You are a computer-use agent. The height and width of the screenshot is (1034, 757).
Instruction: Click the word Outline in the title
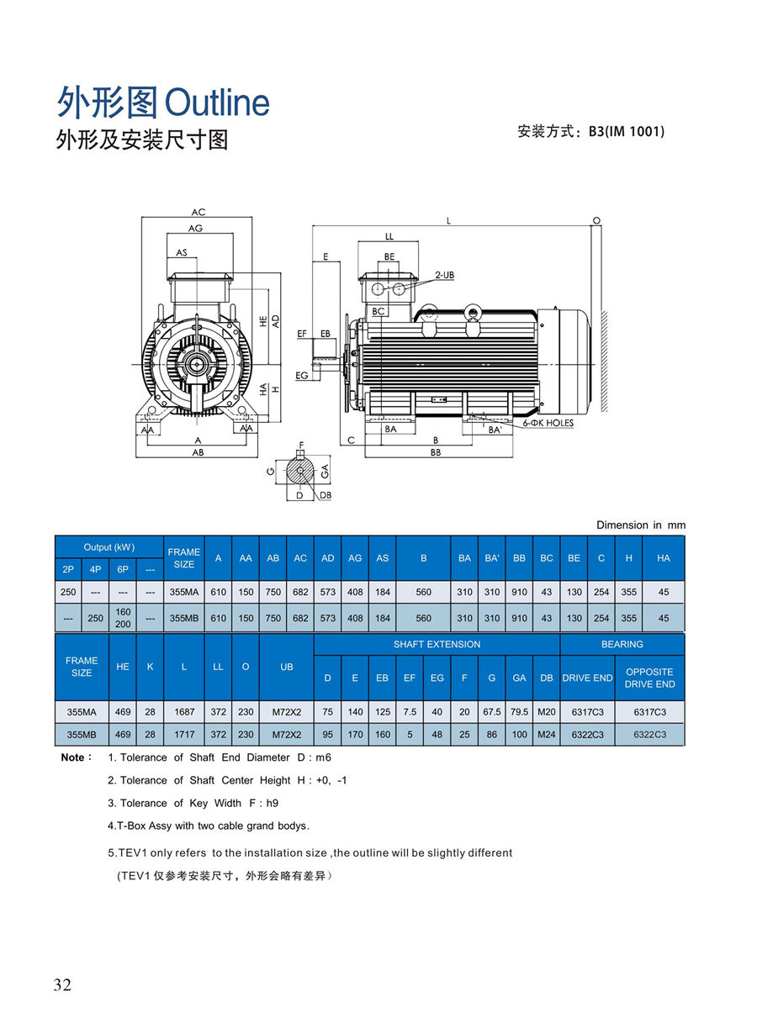pos(217,103)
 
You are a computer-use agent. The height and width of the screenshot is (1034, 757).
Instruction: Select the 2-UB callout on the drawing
pos(445,275)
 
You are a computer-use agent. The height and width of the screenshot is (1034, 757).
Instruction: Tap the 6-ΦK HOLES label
pos(548,423)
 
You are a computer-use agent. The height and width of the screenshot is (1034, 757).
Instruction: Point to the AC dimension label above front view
pos(199,213)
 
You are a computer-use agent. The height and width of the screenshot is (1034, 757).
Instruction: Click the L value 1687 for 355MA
pos(183,712)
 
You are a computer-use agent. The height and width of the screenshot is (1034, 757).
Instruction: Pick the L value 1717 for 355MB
pos(183,735)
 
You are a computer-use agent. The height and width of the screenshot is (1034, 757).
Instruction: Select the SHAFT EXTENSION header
pos(437,644)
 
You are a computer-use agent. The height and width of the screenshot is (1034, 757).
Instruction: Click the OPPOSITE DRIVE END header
pos(649,678)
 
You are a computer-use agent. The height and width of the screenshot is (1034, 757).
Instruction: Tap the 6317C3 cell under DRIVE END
pos(587,712)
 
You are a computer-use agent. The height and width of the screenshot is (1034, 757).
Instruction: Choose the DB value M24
pos(547,735)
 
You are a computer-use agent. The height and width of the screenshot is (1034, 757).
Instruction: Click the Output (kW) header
pos(109,547)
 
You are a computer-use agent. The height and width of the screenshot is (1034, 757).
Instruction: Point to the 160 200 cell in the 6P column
pos(123,618)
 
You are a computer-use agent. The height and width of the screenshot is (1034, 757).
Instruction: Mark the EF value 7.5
pos(410,712)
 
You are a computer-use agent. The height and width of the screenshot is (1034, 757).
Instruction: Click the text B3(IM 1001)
pos(627,131)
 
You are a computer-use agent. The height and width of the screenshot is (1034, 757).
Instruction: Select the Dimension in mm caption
pos(641,525)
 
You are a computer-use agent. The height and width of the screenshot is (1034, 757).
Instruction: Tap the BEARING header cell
pos(622,644)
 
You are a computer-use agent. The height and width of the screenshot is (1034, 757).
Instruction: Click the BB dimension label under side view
pos(436,452)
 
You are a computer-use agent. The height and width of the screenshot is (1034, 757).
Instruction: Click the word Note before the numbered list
pos(73,757)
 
